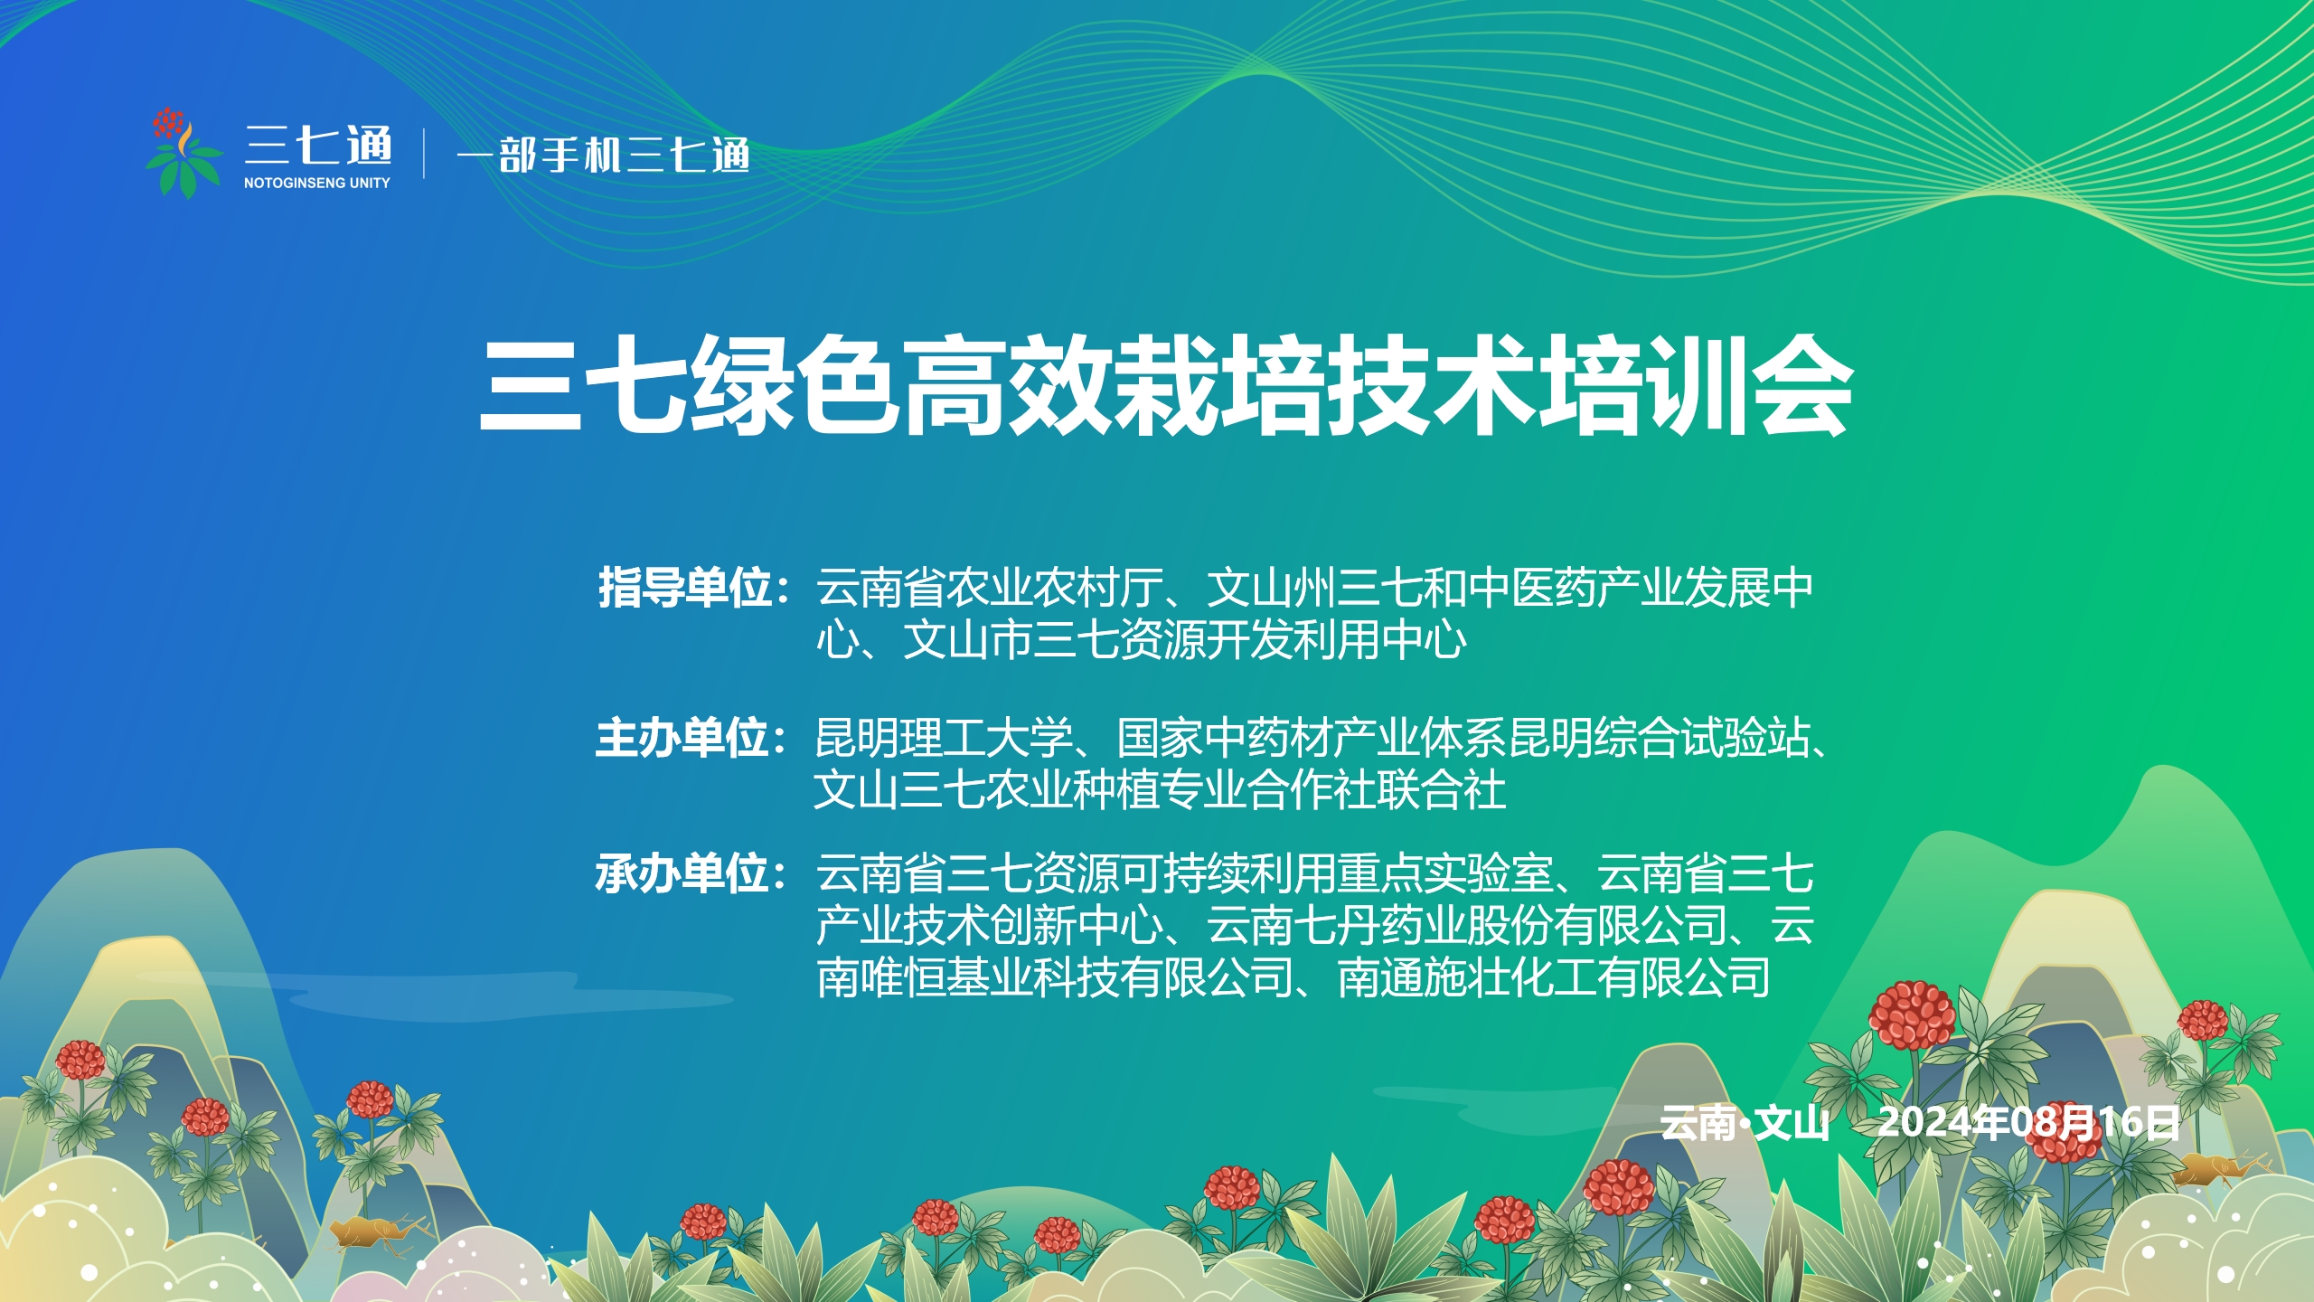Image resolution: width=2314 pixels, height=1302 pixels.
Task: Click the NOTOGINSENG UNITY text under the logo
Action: [x=316, y=183]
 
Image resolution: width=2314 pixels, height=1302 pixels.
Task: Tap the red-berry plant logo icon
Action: [x=183, y=153]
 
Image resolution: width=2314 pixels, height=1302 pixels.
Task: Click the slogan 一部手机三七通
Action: [x=603, y=155]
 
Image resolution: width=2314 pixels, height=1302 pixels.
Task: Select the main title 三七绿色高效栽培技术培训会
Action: [x=1166, y=386]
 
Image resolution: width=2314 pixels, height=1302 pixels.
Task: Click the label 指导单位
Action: [x=685, y=588]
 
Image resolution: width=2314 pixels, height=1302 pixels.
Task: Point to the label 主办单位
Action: [x=683, y=738]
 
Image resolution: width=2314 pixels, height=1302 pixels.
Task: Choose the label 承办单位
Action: [x=683, y=874]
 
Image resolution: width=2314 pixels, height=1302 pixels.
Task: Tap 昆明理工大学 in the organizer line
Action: [x=944, y=738]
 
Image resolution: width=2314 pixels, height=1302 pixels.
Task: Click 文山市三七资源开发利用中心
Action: [x=1185, y=640]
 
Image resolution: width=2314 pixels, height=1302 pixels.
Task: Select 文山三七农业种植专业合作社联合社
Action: [x=1160, y=790]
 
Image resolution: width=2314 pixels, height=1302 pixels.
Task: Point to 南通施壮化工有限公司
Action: [x=1554, y=977]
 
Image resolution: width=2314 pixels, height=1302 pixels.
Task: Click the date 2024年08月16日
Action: [x=2028, y=1123]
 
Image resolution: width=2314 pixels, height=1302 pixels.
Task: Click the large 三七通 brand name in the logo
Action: [x=318, y=146]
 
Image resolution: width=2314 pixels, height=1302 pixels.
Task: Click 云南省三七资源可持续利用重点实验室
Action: [x=1185, y=874]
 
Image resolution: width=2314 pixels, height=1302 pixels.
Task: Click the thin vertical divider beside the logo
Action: [x=424, y=154]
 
